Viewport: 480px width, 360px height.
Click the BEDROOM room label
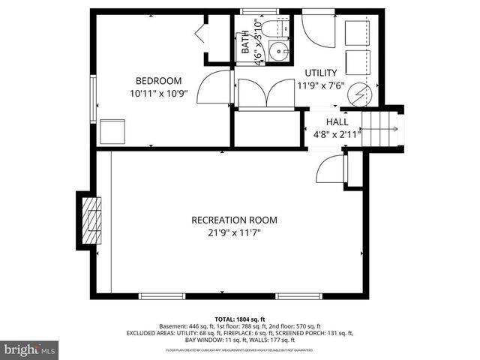(158, 81)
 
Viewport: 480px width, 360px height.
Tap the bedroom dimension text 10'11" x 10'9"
(158, 94)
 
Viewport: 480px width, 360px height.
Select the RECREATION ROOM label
(234, 220)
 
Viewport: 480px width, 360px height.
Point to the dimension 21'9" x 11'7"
(234, 233)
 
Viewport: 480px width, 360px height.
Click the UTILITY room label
(320, 73)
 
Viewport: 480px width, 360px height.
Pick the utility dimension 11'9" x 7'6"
(320, 85)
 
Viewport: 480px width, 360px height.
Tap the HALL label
(337, 121)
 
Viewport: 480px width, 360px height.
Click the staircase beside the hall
(385, 128)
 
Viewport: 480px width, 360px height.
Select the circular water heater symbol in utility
(361, 95)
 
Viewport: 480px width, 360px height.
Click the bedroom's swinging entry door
(218, 88)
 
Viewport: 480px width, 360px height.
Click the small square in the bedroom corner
(112, 130)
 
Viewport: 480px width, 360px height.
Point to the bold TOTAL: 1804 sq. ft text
(240, 319)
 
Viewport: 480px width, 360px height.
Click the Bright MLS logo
(30, 349)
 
